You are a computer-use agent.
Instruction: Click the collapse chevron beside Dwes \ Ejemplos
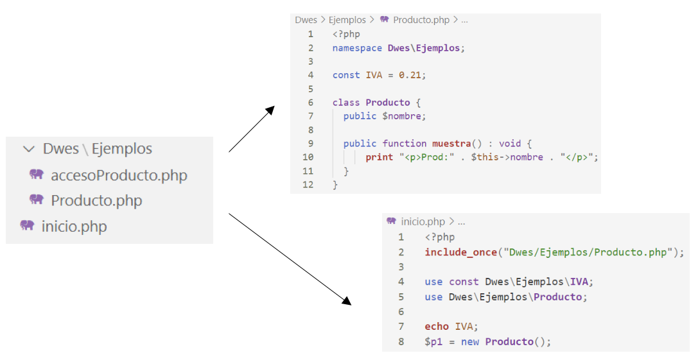(x=29, y=149)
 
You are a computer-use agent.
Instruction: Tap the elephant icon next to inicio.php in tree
(x=27, y=225)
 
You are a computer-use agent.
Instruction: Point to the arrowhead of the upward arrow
(x=270, y=110)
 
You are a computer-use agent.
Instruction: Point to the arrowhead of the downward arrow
(x=346, y=300)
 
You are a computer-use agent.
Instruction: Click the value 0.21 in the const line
(x=410, y=75)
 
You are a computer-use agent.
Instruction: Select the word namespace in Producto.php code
(x=357, y=48)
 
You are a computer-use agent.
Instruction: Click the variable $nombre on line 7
(x=402, y=116)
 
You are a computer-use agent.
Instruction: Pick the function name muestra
(x=451, y=143)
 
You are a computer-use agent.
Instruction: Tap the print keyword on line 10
(x=380, y=157)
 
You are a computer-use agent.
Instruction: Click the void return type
(x=510, y=143)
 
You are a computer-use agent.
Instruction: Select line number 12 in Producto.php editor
(x=308, y=185)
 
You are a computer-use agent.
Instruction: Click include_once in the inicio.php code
(x=461, y=252)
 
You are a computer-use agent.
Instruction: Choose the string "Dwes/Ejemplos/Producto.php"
(x=588, y=252)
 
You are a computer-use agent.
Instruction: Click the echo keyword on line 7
(x=436, y=327)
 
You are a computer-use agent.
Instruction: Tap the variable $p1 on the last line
(x=433, y=342)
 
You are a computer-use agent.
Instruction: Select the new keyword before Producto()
(x=470, y=342)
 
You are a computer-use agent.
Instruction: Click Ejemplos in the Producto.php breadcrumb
(x=347, y=20)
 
